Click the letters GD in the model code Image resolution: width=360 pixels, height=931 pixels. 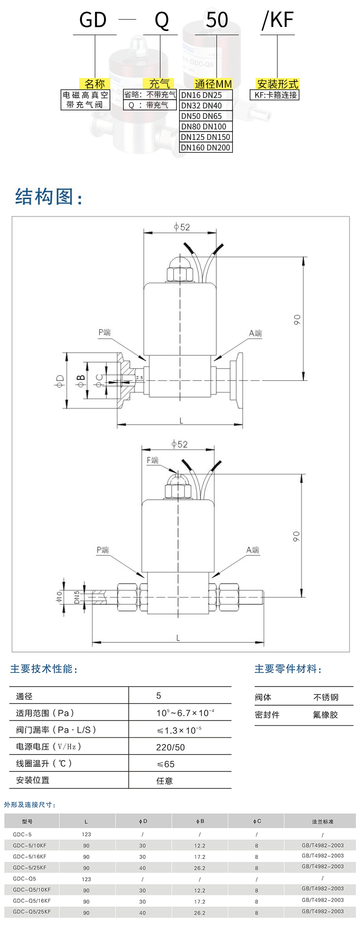pyautogui.click(x=93, y=21)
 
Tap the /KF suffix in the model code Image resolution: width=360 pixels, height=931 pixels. pyautogui.click(x=278, y=21)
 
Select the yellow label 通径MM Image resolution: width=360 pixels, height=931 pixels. pyautogui.click(x=213, y=84)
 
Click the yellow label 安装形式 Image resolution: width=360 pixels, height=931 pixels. pyautogui.click(x=277, y=84)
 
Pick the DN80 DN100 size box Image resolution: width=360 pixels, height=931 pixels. pyautogui.click(x=204, y=127)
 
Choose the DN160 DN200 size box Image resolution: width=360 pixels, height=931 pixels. pyautogui.click(x=206, y=148)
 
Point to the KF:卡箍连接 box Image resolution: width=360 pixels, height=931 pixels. pyautogui.click(x=276, y=95)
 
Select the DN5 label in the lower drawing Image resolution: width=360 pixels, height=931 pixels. pyautogui.click(x=77, y=597)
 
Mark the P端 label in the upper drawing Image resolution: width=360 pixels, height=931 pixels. pyautogui.click(x=105, y=332)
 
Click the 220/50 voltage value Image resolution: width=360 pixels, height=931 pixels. pyautogui.click(x=170, y=747)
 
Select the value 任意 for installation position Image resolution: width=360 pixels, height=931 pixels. pyautogui.click(x=165, y=781)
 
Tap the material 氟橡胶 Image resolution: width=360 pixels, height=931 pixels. pyautogui.click(x=325, y=715)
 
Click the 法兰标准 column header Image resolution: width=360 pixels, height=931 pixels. pyautogui.click(x=323, y=822)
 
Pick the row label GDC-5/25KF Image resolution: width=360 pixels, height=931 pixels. pyautogui.click(x=30, y=868)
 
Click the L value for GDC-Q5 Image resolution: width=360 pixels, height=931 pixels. pyautogui.click(x=87, y=879)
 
